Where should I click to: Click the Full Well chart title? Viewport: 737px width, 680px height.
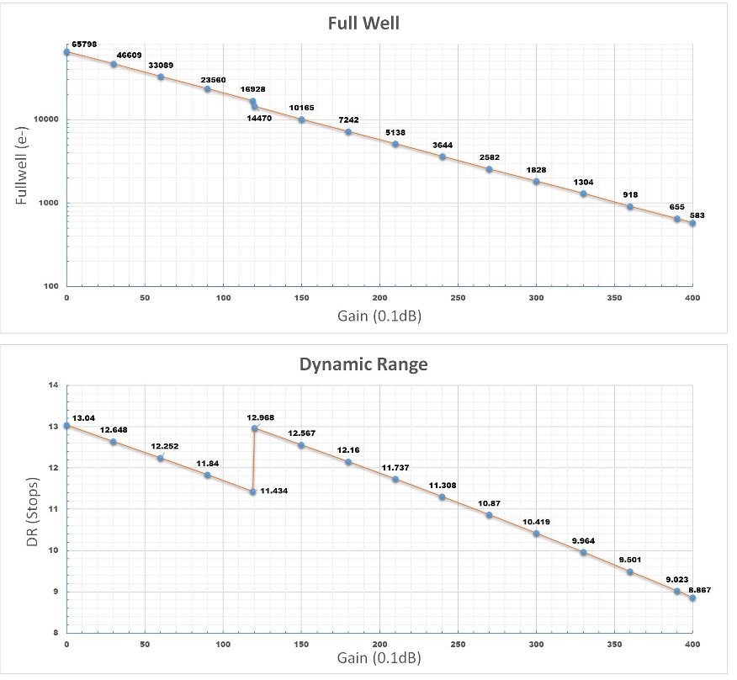(x=363, y=23)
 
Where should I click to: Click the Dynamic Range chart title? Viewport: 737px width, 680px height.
(x=363, y=365)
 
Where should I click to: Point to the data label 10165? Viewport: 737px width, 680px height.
(x=302, y=108)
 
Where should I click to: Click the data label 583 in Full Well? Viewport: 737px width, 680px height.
(x=697, y=216)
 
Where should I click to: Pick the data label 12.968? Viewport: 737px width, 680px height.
(x=261, y=417)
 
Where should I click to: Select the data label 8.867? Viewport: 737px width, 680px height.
(x=699, y=590)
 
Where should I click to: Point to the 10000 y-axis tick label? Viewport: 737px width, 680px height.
(x=45, y=120)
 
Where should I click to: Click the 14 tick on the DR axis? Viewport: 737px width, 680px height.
(x=53, y=385)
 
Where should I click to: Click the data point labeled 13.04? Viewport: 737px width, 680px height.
(x=66, y=426)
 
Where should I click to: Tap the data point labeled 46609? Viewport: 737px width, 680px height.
(x=114, y=64)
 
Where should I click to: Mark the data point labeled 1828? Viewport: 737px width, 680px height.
(x=536, y=182)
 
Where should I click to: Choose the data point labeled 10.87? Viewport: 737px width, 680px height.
(x=489, y=515)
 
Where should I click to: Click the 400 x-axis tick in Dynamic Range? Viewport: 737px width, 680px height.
(x=692, y=644)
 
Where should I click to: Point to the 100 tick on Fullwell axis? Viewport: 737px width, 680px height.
(x=50, y=286)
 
